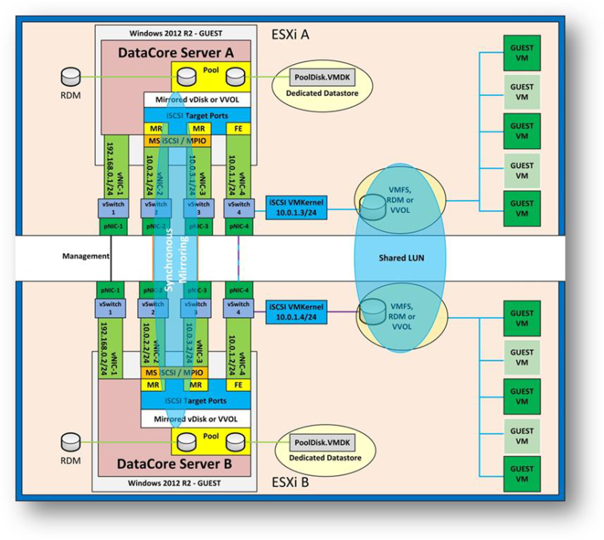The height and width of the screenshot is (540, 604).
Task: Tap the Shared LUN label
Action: pyautogui.click(x=400, y=258)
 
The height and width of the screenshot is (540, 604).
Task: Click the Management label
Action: pyautogui.click(x=85, y=256)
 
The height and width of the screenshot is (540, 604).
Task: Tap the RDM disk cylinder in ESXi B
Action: pyautogui.click(x=71, y=440)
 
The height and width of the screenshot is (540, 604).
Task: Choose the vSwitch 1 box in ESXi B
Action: pyautogui.click(x=111, y=307)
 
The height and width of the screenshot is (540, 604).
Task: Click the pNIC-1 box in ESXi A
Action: pyautogui.click(x=111, y=226)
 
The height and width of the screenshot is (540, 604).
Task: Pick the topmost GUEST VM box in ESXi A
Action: pyautogui.click(x=522, y=49)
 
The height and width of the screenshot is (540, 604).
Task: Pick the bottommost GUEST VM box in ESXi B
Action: pyautogui.click(x=522, y=474)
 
